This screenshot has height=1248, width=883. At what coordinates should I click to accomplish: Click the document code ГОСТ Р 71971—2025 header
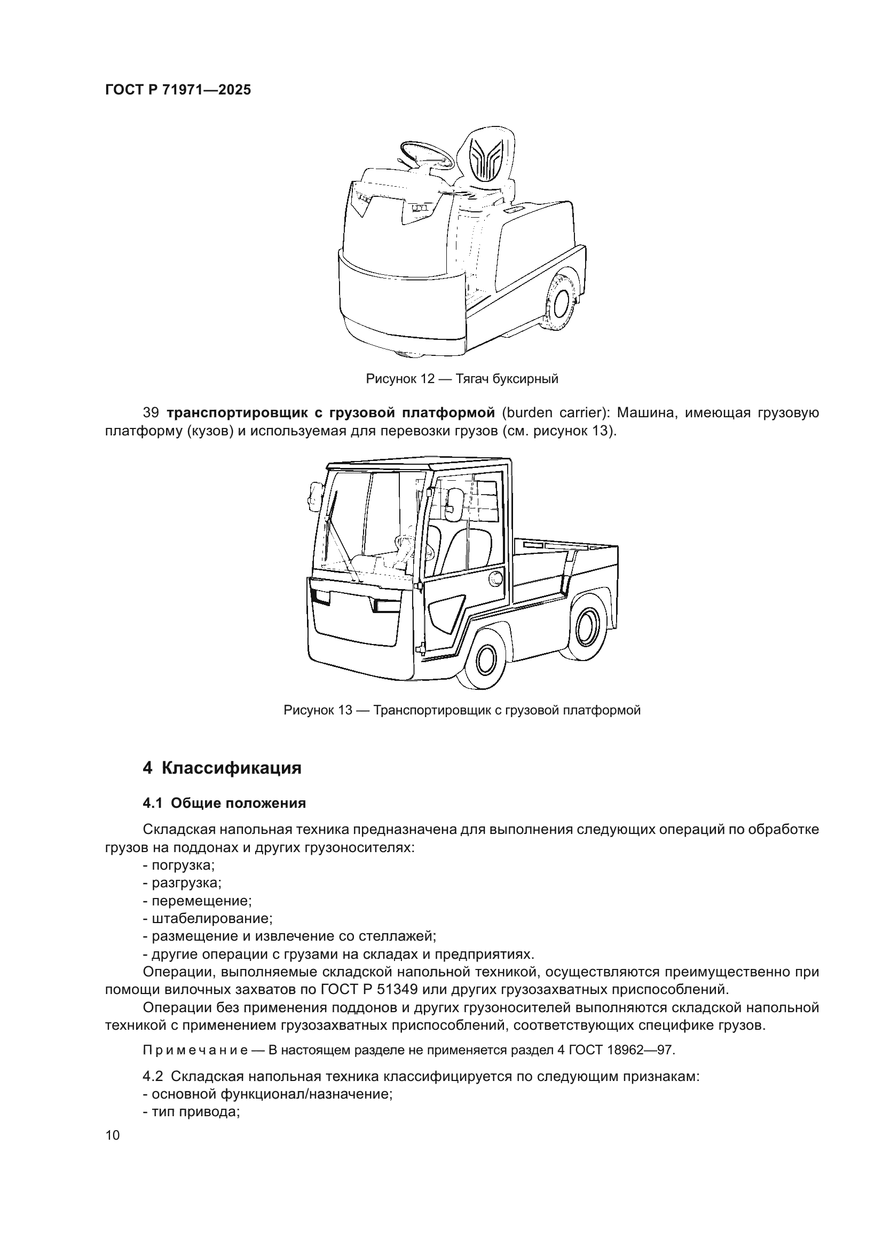[x=178, y=90]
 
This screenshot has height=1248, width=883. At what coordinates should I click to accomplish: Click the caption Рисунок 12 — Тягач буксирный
[x=462, y=379]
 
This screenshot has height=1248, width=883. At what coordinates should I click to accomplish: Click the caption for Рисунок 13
[x=462, y=710]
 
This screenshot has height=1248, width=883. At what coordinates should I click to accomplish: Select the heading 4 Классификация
[x=222, y=768]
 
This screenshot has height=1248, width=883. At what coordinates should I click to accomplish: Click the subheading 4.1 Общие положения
[x=224, y=804]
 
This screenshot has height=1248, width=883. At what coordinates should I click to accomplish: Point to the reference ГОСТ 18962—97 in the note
[x=621, y=1050]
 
